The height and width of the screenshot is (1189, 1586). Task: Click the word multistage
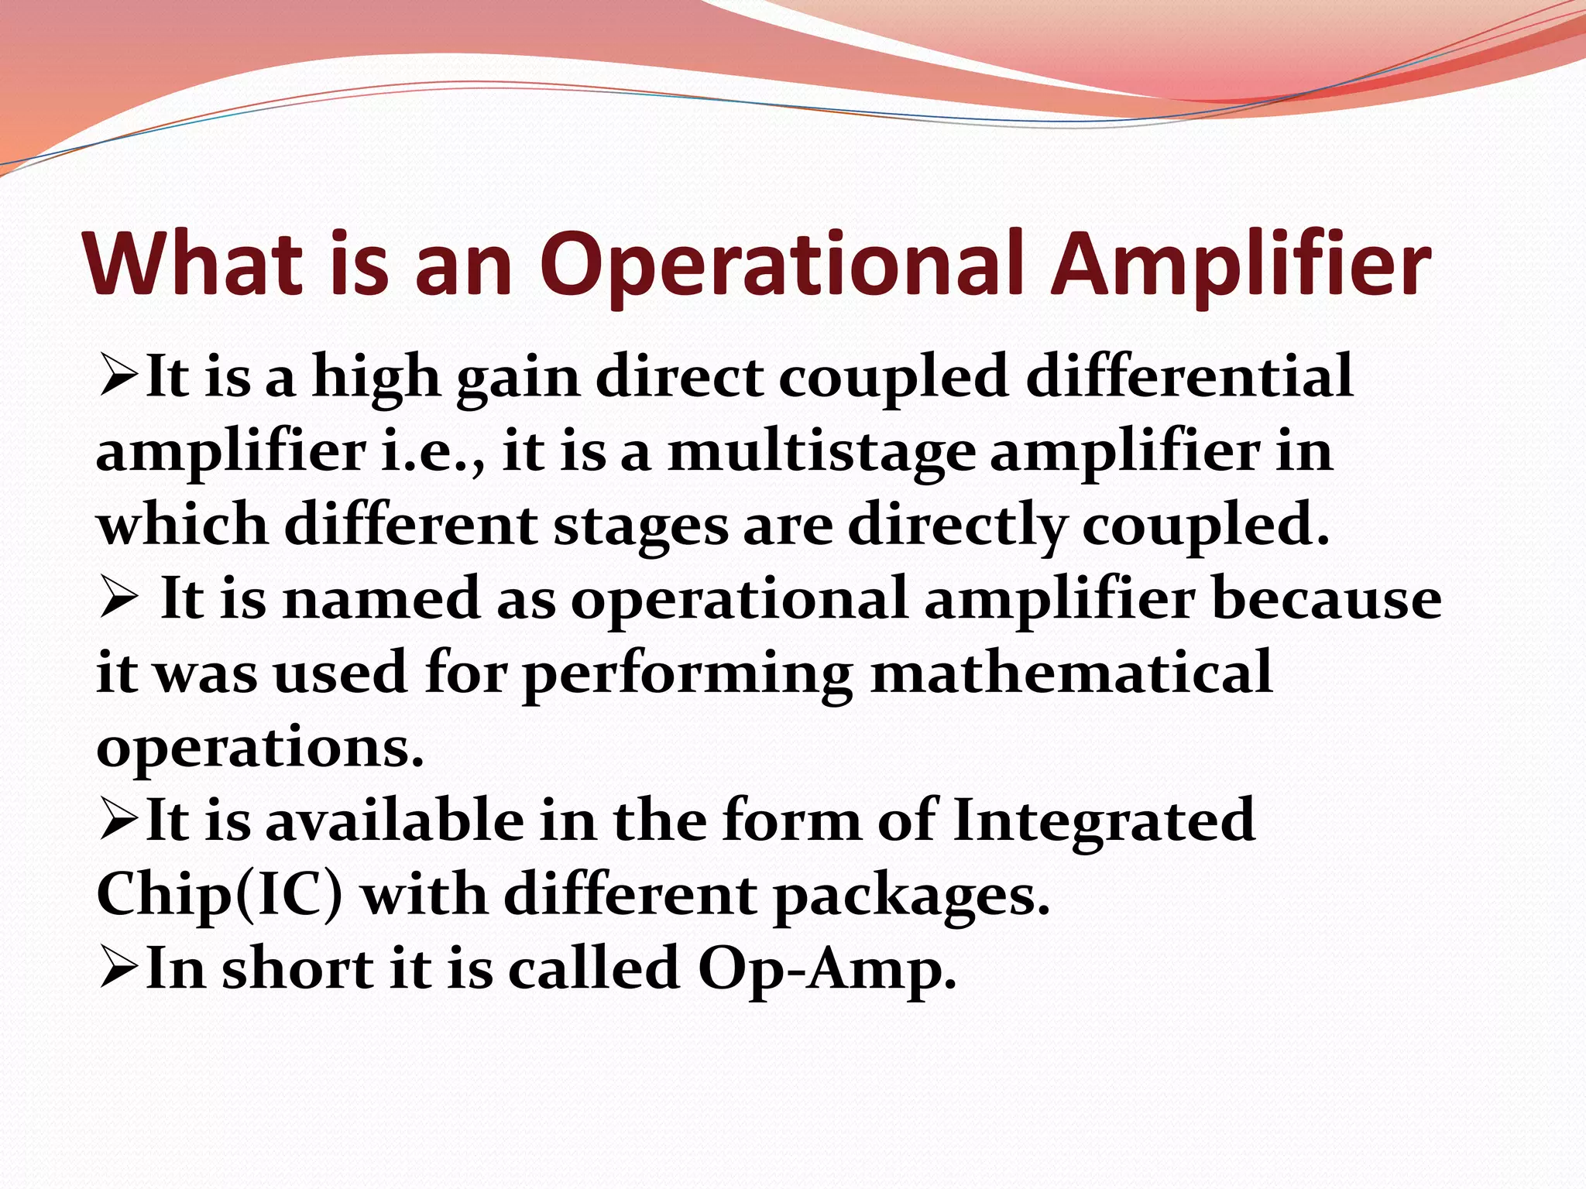tap(821, 452)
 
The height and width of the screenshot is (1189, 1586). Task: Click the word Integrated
tap(1104, 821)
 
